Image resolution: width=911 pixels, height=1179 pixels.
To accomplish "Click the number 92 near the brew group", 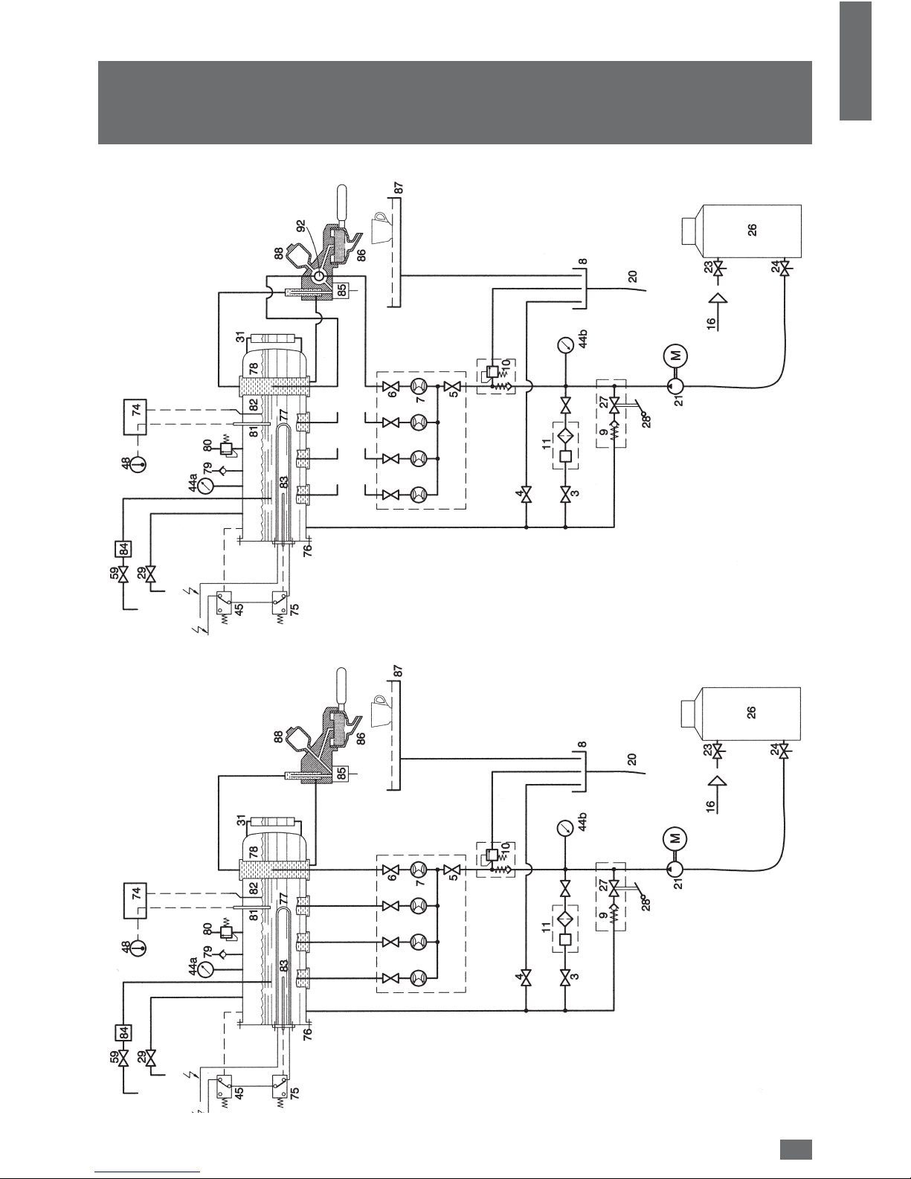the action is click(300, 225).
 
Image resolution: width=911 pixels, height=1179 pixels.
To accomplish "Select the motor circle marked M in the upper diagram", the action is click(675, 356).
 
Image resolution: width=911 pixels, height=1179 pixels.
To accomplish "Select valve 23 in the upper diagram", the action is click(720, 268).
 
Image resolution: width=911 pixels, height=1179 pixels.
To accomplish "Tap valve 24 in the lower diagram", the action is click(784, 751).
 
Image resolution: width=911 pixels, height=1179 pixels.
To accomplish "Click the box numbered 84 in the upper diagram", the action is click(123, 549).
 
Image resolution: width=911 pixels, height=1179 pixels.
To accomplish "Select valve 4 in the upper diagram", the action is click(526, 495).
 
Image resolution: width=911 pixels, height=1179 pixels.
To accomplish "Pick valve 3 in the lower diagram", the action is click(565, 977).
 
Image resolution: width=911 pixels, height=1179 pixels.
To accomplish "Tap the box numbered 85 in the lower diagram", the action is click(341, 774).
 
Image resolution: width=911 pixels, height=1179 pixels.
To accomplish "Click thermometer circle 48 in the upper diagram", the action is click(138, 464).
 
